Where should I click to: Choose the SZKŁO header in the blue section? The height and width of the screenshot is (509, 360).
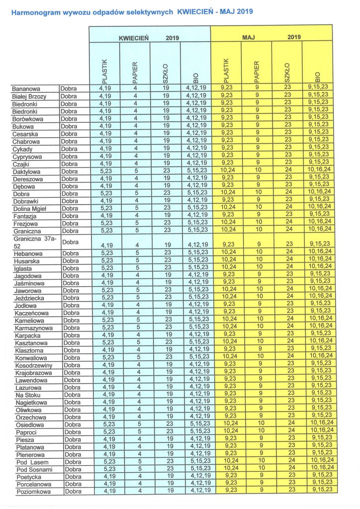coord(166,73)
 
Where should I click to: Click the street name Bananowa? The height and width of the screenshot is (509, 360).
coord(26,89)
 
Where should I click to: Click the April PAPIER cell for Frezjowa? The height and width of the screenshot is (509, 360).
coord(135,223)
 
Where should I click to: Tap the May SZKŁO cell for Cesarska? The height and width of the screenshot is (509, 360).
coord(287,134)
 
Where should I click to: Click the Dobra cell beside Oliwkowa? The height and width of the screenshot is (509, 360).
coord(73,409)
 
